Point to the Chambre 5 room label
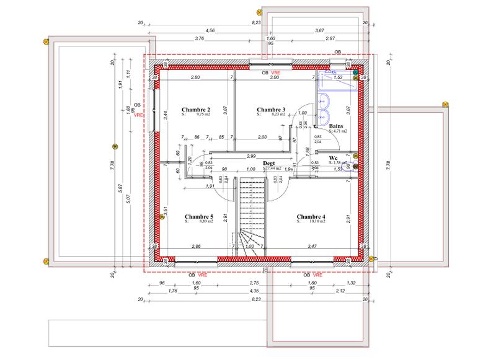point(199,216)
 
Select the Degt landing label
point(269,163)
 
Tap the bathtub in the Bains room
point(339,80)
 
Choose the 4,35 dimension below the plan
point(254,291)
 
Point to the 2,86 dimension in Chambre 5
point(196,247)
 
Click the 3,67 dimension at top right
point(319,30)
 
